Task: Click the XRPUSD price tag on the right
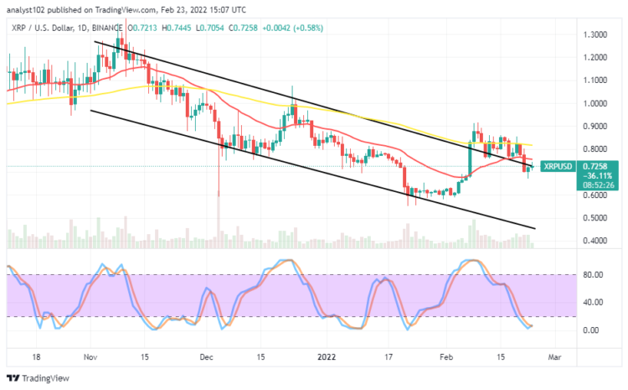[557, 166]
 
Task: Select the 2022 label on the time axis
[327, 356]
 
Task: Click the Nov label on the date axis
[90, 356]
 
